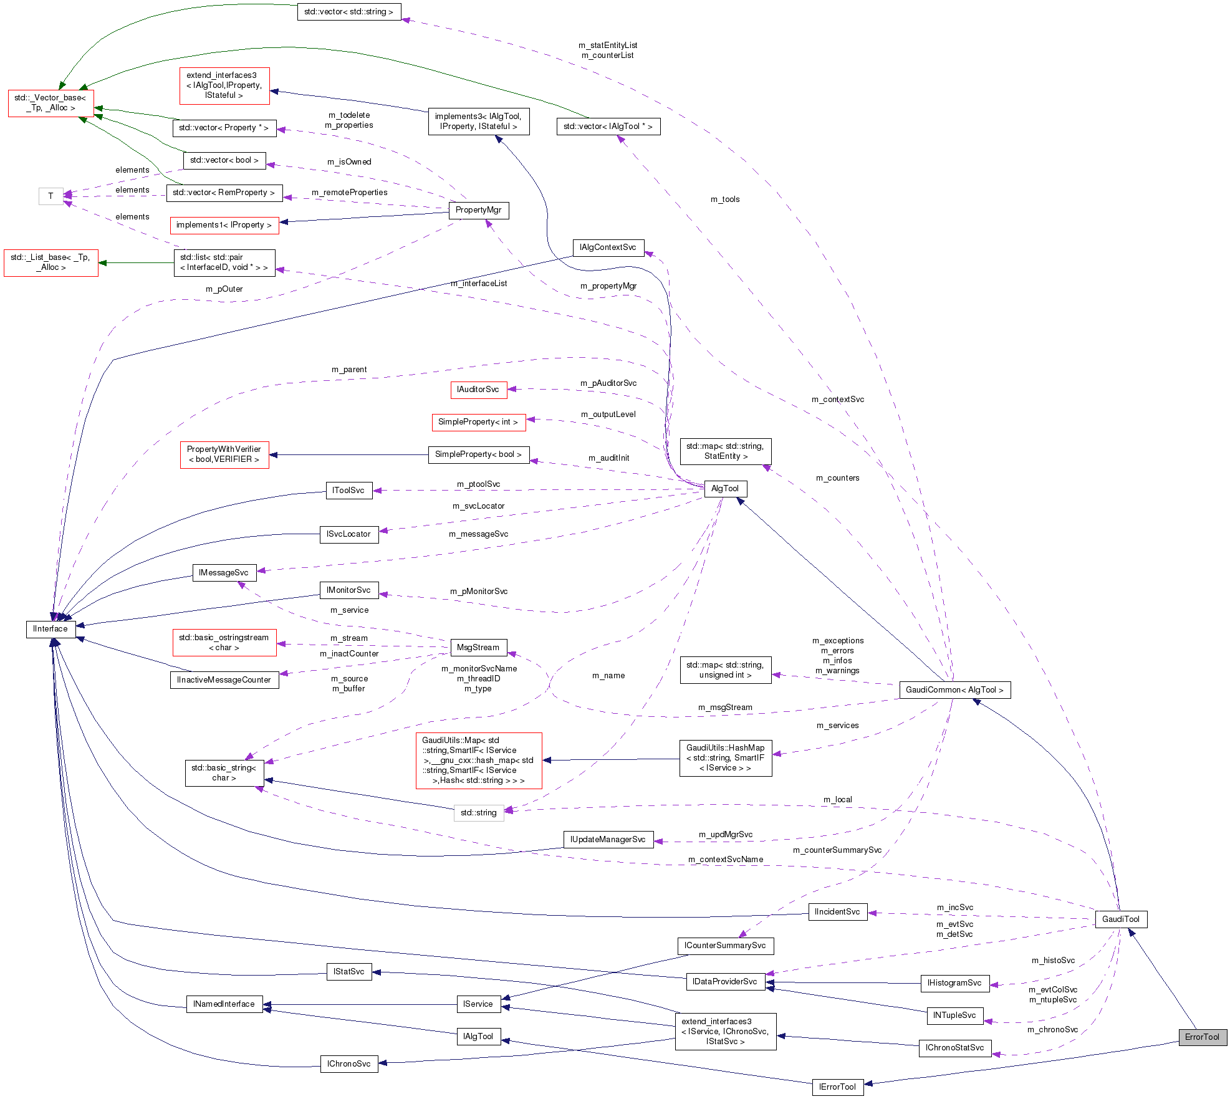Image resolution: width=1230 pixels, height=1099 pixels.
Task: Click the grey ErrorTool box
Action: pos(1202,1037)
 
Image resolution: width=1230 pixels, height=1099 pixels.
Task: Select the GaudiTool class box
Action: pos(1120,919)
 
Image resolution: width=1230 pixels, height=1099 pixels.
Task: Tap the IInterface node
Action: pos(50,628)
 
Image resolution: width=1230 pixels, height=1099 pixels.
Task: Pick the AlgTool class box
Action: pos(724,488)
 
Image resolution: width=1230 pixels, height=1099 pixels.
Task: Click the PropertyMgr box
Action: pos(478,210)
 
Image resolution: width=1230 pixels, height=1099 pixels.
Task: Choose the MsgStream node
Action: pos(478,647)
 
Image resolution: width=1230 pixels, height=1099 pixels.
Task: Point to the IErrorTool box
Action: pos(837,1087)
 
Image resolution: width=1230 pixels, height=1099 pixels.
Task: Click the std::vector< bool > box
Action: pos(224,160)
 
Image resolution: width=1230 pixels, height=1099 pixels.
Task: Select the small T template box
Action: pos(50,196)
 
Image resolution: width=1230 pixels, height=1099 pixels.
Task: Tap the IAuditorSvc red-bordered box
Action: pos(478,390)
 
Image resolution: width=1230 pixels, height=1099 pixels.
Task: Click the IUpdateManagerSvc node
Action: pos(608,839)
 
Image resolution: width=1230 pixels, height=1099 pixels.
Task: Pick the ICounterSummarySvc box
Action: pos(725,945)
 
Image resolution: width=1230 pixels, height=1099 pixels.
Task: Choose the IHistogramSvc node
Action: pos(954,982)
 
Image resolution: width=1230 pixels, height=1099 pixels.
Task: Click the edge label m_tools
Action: pos(725,199)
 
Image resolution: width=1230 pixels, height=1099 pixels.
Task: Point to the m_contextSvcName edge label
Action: pos(725,859)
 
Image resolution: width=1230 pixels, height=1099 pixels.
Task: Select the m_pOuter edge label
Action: pos(224,289)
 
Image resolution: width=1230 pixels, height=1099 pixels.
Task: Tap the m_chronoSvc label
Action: pos(1052,1029)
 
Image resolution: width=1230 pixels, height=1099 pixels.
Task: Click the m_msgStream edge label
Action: pos(725,707)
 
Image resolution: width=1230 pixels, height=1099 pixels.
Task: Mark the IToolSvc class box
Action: pos(348,490)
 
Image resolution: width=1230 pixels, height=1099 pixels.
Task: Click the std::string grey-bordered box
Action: pos(478,812)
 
